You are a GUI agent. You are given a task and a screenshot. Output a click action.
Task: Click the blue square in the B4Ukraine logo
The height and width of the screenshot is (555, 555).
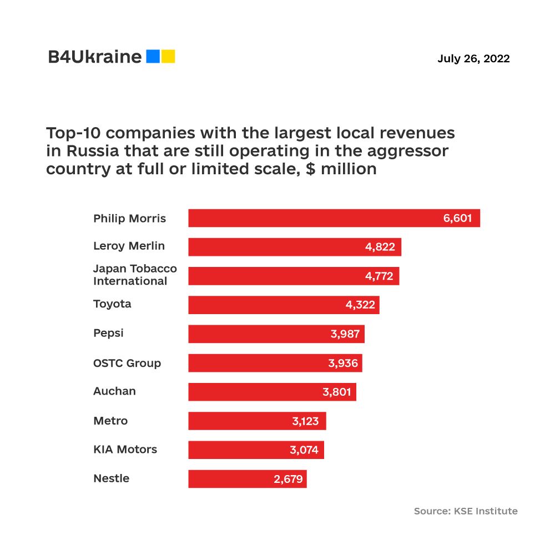click(x=153, y=56)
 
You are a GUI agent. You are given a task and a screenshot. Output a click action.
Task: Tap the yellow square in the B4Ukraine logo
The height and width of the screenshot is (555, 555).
click(x=168, y=56)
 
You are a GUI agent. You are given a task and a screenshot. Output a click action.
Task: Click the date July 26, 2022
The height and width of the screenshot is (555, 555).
click(x=473, y=58)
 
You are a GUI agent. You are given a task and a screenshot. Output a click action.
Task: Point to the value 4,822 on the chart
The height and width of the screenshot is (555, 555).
click(x=380, y=247)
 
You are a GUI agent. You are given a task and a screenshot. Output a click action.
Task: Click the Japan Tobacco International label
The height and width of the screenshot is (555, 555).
click(x=135, y=275)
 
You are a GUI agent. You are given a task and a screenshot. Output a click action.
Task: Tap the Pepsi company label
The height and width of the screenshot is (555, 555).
click(x=108, y=333)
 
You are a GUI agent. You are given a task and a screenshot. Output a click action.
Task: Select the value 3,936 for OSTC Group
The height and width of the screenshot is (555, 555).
click(x=344, y=363)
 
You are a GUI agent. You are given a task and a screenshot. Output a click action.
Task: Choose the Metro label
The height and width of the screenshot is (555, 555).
click(x=110, y=421)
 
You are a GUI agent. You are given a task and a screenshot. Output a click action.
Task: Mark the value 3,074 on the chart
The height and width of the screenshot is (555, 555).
click(x=304, y=450)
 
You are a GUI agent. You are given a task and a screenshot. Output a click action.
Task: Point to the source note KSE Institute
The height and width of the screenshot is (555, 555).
click(x=466, y=511)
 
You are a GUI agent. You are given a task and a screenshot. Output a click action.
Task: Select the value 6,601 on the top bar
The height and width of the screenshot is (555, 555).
click(x=457, y=218)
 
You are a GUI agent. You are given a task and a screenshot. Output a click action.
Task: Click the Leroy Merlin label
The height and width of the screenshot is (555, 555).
click(x=129, y=246)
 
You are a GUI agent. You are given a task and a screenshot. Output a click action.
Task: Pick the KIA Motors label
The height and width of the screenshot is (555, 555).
click(x=125, y=450)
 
